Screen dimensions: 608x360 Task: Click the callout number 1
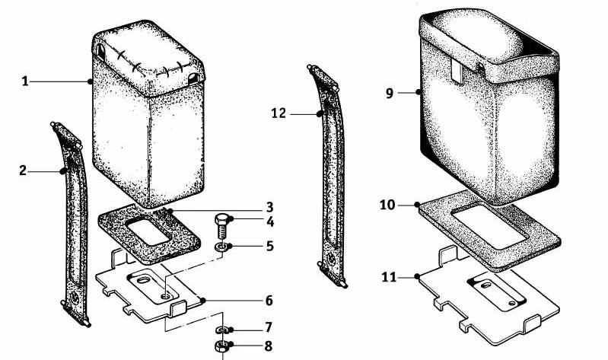tap(25, 81)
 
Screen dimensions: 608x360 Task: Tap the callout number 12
tap(279, 113)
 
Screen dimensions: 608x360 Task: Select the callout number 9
tap(390, 93)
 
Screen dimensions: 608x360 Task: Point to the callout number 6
tap(269, 301)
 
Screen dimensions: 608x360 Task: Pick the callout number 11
tap(390, 277)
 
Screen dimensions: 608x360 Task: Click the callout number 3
tap(269, 207)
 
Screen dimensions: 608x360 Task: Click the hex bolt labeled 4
tap(221, 225)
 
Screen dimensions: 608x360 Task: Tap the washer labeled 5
tap(221, 247)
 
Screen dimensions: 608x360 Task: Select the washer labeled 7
tap(221, 330)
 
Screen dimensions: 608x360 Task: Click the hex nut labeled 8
tap(221, 345)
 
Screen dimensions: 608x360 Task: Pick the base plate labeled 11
tap(489, 298)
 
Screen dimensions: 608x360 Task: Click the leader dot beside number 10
tap(417, 205)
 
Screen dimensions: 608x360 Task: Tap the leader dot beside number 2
tap(62, 170)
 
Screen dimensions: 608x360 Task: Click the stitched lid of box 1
tap(148, 58)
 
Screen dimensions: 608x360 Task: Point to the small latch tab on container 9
tap(457, 70)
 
